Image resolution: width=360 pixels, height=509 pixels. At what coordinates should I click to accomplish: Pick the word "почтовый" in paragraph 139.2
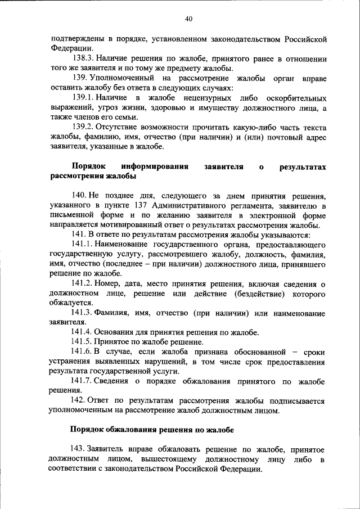click(x=280, y=137)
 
